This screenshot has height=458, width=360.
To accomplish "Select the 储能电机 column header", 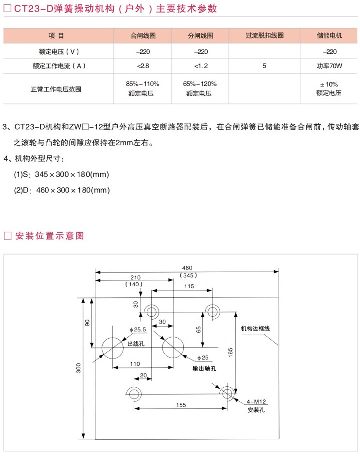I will (x=329, y=36).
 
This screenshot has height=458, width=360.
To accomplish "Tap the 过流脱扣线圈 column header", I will (x=264, y=36).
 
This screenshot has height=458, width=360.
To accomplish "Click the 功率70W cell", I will (x=329, y=66).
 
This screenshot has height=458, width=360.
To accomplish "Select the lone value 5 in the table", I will (x=264, y=66).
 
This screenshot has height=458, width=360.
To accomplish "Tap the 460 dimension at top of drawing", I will (x=188, y=268).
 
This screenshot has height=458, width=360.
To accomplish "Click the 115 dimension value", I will (x=188, y=286).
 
